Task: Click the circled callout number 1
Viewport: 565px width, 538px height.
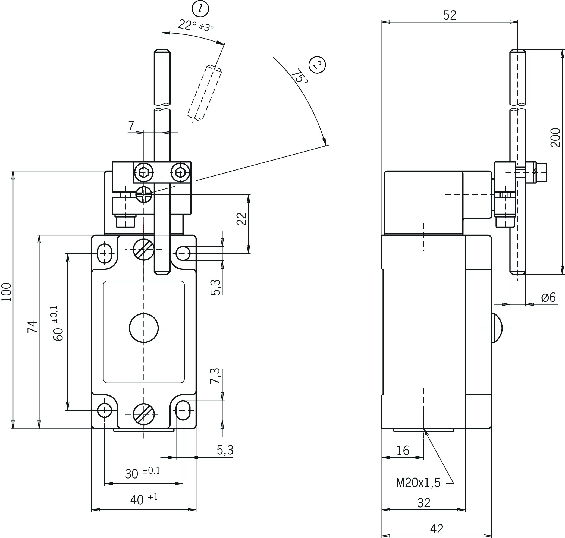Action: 200,9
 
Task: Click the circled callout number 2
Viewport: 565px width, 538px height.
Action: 317,65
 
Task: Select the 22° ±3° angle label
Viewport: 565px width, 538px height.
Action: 196,26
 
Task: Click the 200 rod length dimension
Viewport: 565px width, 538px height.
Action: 555,137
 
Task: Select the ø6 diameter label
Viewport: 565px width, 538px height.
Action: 548,297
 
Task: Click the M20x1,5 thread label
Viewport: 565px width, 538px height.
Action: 418,483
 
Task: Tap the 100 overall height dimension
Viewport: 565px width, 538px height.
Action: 6,292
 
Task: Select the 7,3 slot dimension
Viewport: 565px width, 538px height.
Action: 215,376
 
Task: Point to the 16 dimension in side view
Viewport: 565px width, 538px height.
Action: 403,451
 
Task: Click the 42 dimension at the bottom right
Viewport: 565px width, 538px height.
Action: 437,529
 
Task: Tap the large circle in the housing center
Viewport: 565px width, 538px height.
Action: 144,328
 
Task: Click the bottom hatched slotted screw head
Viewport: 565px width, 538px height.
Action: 144,414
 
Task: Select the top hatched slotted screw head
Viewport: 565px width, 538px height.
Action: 144,250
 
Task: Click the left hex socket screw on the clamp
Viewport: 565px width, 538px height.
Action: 143,173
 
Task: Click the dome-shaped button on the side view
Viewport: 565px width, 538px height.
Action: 497,328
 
